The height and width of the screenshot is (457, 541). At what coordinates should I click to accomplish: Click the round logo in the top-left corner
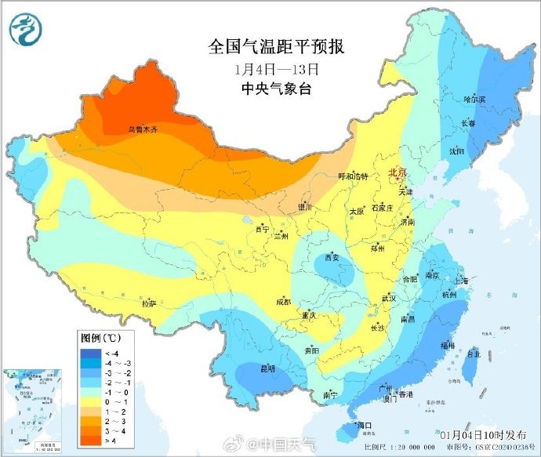(x=27, y=31)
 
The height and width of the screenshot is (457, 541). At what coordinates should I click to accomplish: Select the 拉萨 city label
(x=148, y=302)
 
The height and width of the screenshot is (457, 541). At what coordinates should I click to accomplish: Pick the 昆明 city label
(x=269, y=368)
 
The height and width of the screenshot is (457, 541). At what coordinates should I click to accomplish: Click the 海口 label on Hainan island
(x=362, y=425)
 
